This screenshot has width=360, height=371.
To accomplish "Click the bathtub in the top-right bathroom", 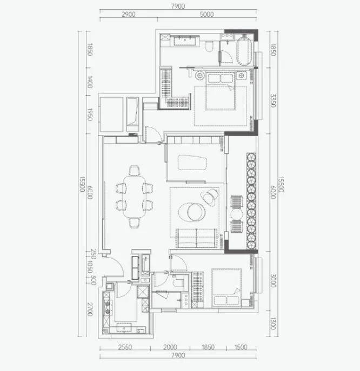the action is (244, 50).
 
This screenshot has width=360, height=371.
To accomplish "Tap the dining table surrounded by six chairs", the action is (134, 197).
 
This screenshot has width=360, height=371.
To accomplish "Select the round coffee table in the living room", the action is (196, 212).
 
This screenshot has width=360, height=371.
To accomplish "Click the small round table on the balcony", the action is (237, 214).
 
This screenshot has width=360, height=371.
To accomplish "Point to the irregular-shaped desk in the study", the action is (192, 163).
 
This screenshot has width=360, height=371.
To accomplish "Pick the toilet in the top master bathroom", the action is (209, 46).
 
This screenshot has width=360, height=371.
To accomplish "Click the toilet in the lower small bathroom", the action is (178, 282).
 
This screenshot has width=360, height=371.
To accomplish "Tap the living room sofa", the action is (197, 238).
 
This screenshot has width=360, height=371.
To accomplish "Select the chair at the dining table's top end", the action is (134, 170).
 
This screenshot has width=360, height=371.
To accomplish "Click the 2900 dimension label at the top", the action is (129, 15).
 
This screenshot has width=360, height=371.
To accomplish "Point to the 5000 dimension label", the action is (207, 15).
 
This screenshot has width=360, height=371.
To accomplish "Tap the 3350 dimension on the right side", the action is (273, 101).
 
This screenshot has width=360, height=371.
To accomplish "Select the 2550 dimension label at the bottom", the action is (125, 347).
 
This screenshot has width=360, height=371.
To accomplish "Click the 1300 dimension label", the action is (273, 323).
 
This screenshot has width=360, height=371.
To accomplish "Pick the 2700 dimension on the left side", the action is (90, 309).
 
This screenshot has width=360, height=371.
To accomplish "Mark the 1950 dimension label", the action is (90, 114).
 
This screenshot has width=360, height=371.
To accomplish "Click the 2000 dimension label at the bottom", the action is (170, 347).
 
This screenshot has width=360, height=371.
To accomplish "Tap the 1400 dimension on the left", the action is (90, 82).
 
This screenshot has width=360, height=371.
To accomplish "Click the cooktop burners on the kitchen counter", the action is (107, 308).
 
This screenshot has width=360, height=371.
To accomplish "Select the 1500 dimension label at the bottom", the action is (241, 347).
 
